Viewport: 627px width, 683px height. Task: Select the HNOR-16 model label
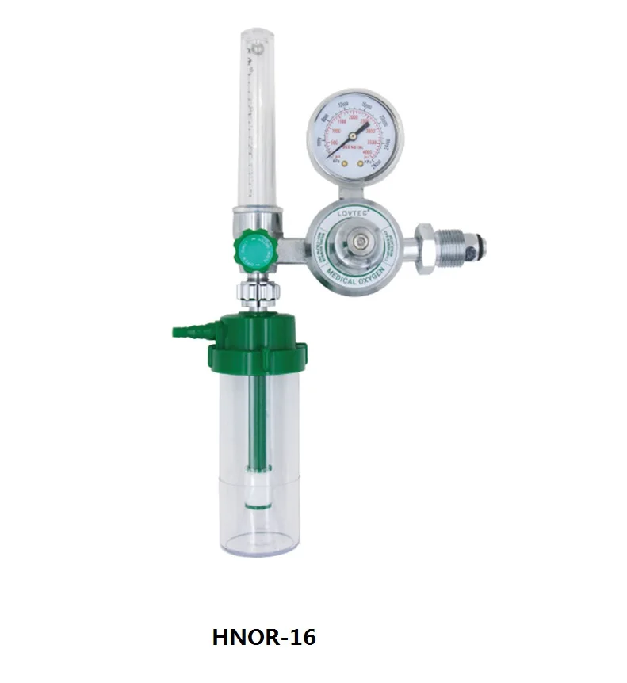click(264, 637)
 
